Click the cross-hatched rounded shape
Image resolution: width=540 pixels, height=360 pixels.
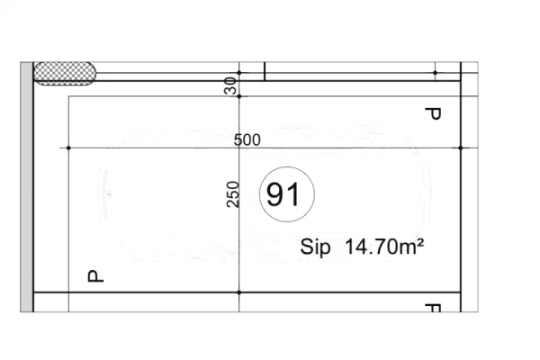click(x=65, y=74)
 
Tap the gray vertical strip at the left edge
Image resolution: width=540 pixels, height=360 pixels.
click(x=26, y=187)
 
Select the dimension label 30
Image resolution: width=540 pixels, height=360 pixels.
click(x=230, y=85)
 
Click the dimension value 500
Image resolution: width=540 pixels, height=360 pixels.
click(x=247, y=140)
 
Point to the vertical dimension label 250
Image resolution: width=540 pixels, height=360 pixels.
click(x=233, y=194)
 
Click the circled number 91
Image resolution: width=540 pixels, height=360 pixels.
click(x=287, y=194)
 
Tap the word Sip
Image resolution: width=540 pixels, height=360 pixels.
click(x=315, y=247)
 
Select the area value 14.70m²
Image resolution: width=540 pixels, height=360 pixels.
click(x=384, y=247)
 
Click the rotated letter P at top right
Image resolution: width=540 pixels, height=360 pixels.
click(x=433, y=113)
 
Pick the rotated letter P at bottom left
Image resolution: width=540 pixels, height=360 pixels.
click(x=95, y=276)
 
